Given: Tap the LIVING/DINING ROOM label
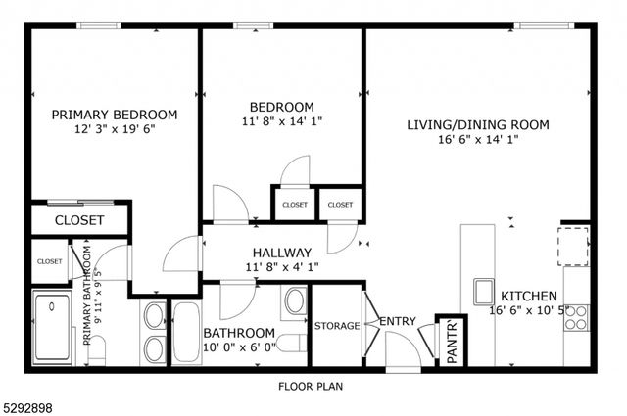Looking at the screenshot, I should pyautogui.click(x=477, y=124).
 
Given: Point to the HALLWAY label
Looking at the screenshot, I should pyautogui.click(x=281, y=252).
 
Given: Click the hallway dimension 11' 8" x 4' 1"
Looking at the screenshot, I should pyautogui.click(x=281, y=266).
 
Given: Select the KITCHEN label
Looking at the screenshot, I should pyautogui.click(x=529, y=296).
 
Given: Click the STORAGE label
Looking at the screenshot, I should pyautogui.click(x=336, y=326).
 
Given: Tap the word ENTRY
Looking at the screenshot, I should pyautogui.click(x=398, y=321).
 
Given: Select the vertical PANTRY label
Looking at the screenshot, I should pyautogui.click(x=452, y=341).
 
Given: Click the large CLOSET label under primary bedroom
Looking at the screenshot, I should pyautogui.click(x=78, y=220).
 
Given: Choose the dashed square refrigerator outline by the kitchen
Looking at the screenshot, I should pyautogui.click(x=574, y=246).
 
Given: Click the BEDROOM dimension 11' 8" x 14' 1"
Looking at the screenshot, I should pyautogui.click(x=281, y=122).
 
